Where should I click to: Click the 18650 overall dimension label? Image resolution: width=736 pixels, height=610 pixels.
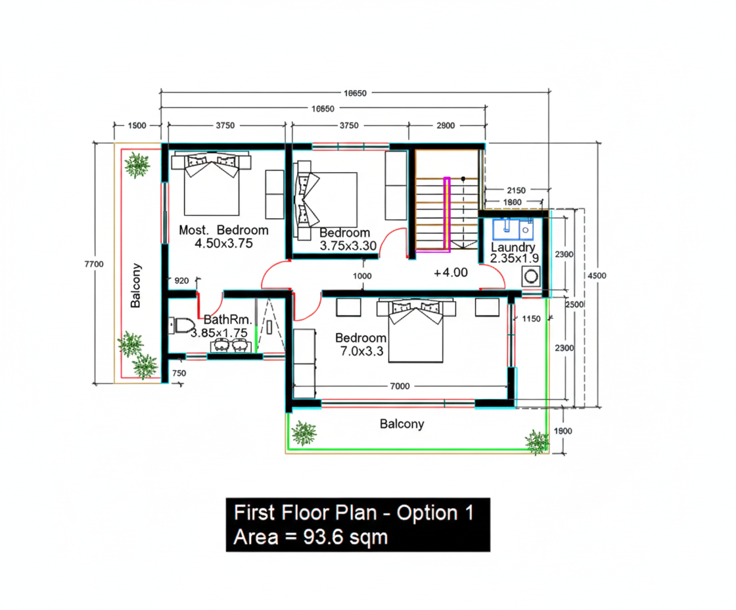pyautogui.click(x=356, y=93)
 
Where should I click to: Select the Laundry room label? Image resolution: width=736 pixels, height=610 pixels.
pyautogui.click(x=513, y=247)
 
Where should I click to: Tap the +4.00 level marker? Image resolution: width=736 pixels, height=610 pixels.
pyautogui.click(x=451, y=272)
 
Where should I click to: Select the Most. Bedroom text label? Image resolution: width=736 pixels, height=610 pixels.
pyautogui.click(x=223, y=230)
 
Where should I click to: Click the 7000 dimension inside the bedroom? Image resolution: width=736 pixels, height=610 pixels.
pyautogui.click(x=399, y=386)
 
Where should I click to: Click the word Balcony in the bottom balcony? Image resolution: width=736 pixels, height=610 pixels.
pyautogui.click(x=402, y=424)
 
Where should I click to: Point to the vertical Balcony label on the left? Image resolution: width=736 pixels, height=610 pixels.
pyautogui.click(x=136, y=285)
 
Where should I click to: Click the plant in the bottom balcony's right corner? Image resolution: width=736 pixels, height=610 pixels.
pyautogui.click(x=537, y=441)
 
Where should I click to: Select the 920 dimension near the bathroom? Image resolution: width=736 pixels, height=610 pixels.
pyautogui.click(x=181, y=281)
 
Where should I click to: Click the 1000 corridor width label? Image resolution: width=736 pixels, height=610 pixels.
pyautogui.click(x=362, y=276)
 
